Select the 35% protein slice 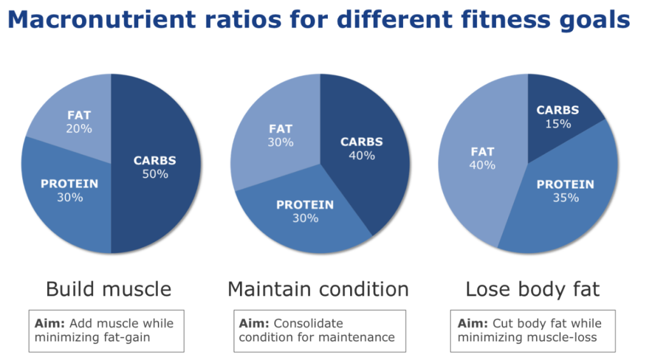563,198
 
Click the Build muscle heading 108,289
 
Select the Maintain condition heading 318,289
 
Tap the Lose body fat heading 532,289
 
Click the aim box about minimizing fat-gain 106,331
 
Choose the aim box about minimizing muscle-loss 532,331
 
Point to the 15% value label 558,124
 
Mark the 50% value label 155,173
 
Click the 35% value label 565,198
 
